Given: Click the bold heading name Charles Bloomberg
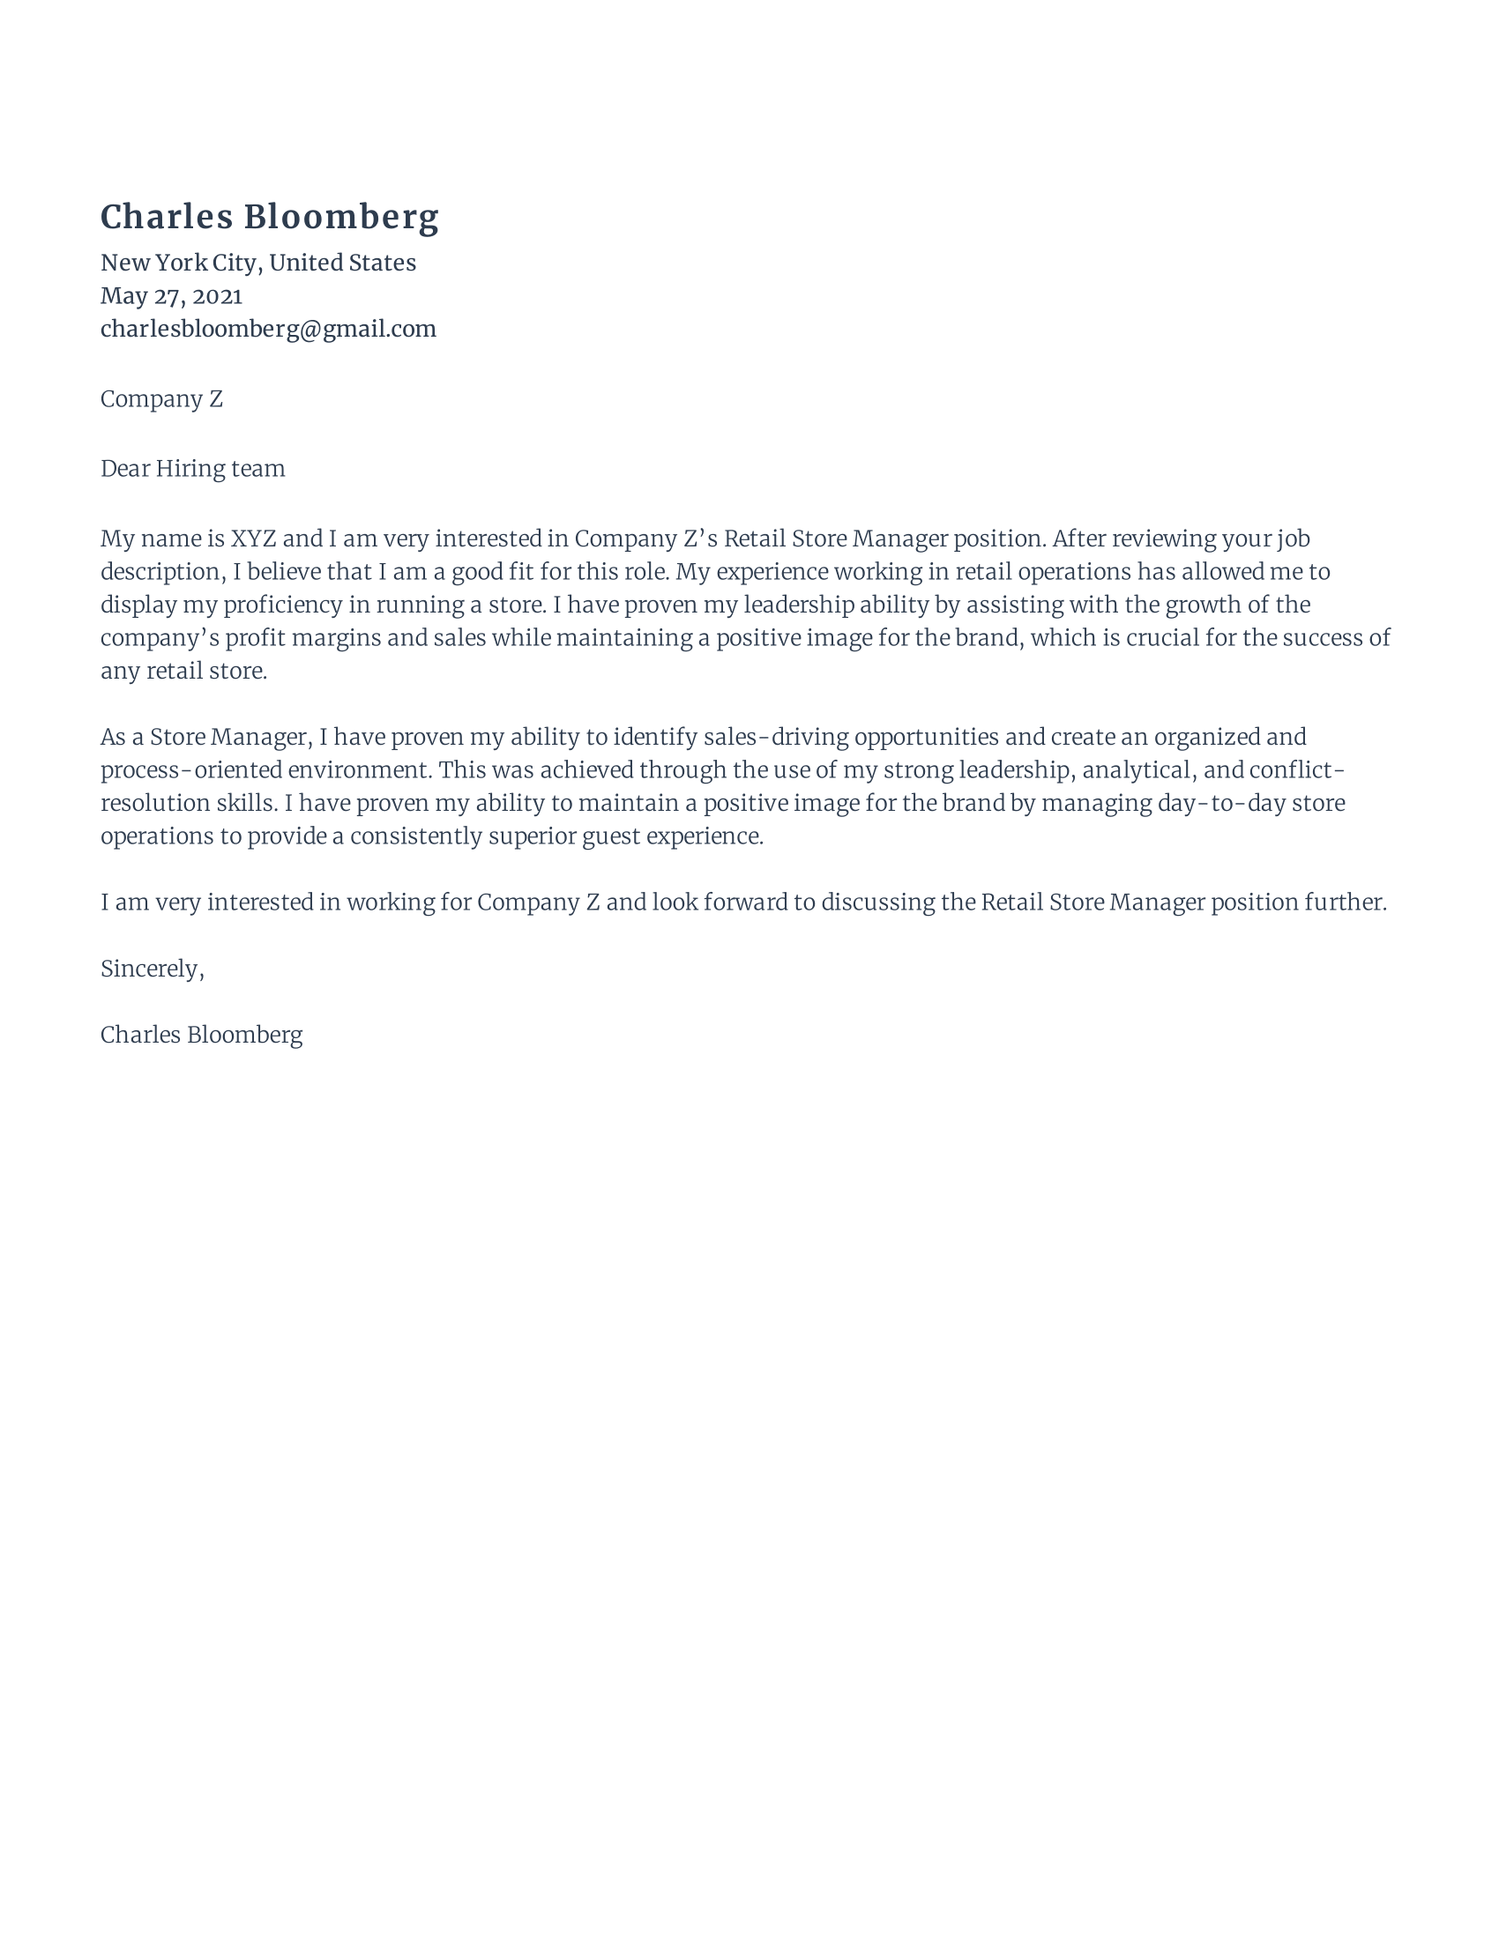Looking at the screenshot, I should click(x=269, y=218).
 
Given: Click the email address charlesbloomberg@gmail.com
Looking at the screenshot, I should click(x=268, y=330).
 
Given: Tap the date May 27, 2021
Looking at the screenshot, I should click(x=171, y=295).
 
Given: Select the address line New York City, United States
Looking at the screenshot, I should click(x=257, y=263).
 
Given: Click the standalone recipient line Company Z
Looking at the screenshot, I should click(x=161, y=399).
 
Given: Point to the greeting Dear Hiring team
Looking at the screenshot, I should click(x=193, y=469).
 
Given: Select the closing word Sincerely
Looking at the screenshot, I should click(x=151, y=969).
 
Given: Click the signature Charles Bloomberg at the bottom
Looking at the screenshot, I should click(x=202, y=1036).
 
